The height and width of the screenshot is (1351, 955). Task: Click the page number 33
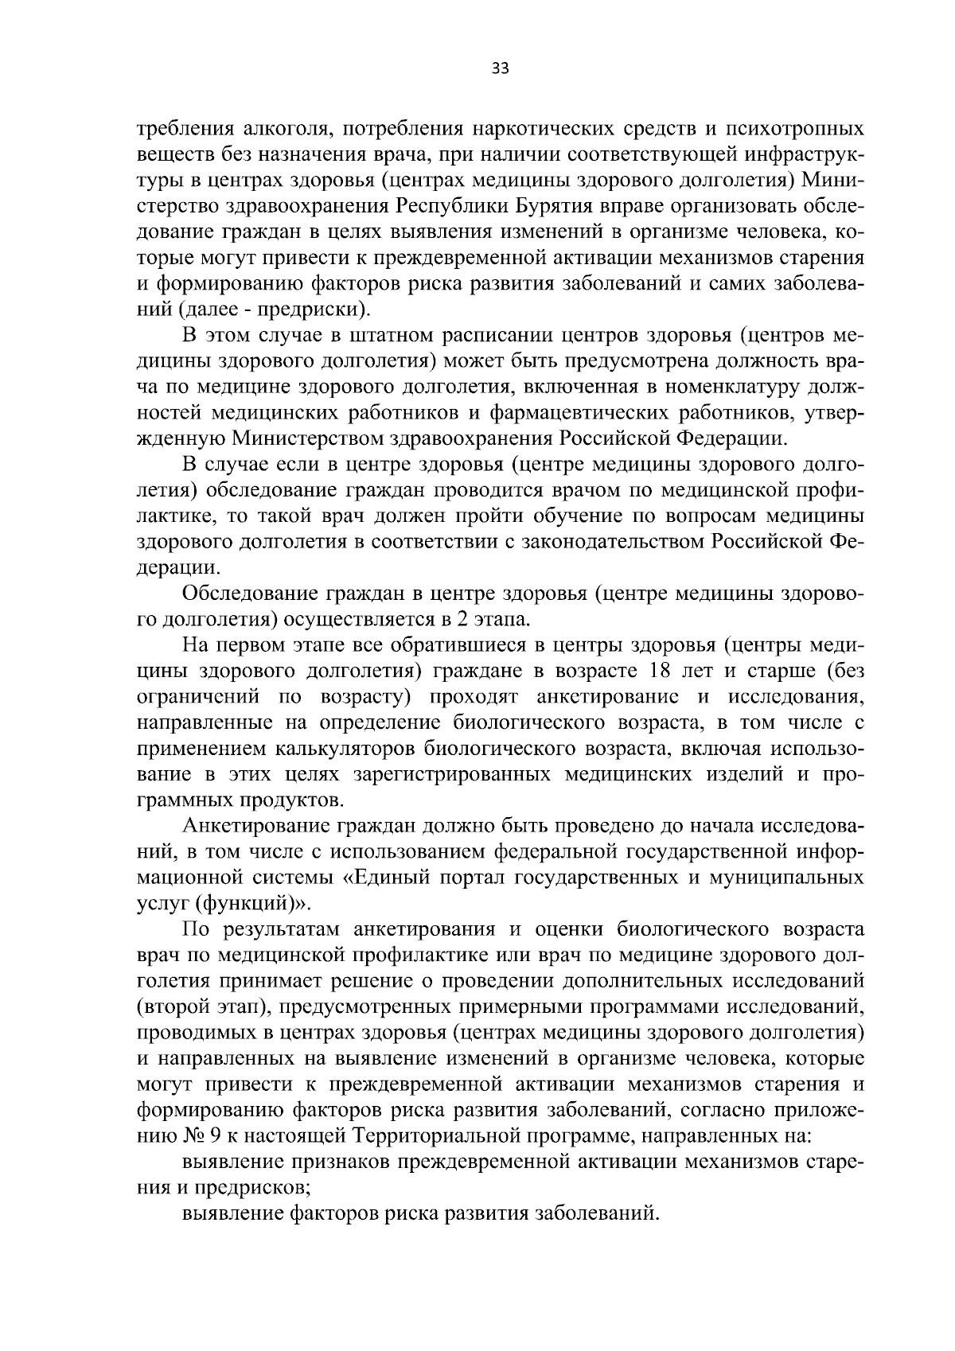tap(500, 68)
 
